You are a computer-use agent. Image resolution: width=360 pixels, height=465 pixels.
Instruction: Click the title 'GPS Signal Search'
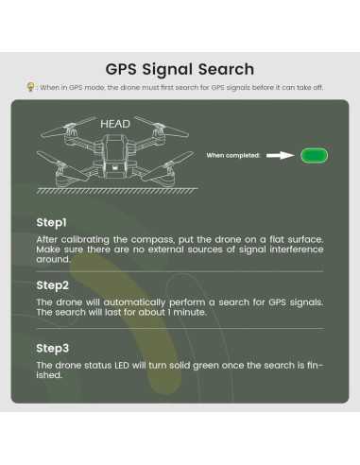[180, 69]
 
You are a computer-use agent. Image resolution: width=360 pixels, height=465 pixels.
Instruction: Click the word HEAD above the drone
[114, 124]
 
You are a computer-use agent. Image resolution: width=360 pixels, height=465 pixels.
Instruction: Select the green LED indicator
[314, 155]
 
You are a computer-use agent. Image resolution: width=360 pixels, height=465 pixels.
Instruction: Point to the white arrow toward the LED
[281, 155]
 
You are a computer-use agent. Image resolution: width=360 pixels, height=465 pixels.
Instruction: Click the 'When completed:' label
[233, 155]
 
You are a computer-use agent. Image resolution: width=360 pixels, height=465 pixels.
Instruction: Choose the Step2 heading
[52, 284]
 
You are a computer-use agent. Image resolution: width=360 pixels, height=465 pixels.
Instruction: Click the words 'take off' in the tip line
[308, 87]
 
